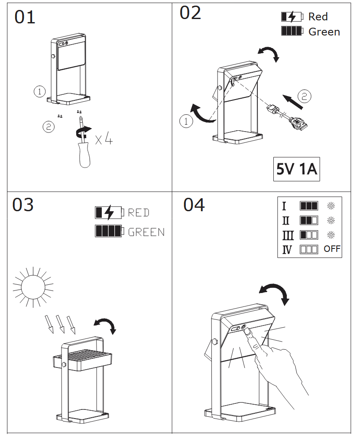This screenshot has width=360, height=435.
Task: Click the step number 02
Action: pyautogui.click(x=190, y=13)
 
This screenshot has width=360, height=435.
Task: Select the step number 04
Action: pyautogui.click(x=194, y=205)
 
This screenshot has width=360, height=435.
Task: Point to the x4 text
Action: pyautogui.click(x=104, y=139)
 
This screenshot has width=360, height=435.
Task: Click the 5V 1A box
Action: pyautogui.click(x=297, y=169)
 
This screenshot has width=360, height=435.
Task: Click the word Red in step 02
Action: pyautogui.click(x=318, y=17)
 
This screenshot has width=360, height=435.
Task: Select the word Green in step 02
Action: pyautogui.click(x=324, y=32)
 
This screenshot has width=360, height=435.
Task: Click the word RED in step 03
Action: pyautogui.click(x=139, y=213)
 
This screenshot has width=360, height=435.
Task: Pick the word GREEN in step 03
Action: pyautogui.click(x=146, y=232)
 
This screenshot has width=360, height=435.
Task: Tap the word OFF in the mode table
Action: pyautogui.click(x=332, y=249)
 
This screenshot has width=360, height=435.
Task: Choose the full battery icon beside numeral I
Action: pyautogui.click(x=309, y=206)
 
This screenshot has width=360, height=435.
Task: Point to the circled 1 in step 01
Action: pyautogui.click(x=39, y=91)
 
